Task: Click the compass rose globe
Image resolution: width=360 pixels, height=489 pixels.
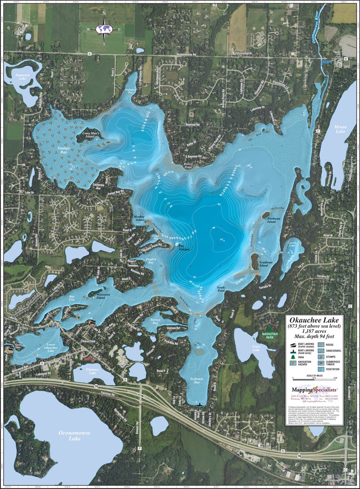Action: coord(104,29)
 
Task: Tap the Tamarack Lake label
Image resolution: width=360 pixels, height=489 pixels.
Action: coord(22,77)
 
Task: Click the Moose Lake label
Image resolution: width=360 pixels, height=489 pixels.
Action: coord(340,129)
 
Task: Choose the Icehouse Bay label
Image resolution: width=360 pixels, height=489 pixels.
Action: coord(197,380)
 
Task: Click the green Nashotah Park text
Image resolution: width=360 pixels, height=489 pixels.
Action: coord(270,336)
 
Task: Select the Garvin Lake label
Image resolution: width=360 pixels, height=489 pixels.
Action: coord(292,244)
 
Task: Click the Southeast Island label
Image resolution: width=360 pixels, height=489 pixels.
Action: coord(266,264)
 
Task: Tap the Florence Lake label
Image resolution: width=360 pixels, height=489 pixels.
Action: coord(92,371)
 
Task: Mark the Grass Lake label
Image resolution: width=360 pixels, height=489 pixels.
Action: coord(256,348)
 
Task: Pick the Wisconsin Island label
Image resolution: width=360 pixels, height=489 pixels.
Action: coord(101,296)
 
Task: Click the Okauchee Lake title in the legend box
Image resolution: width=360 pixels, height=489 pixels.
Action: coord(314,320)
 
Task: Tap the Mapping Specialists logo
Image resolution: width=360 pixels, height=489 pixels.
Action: coord(314,389)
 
